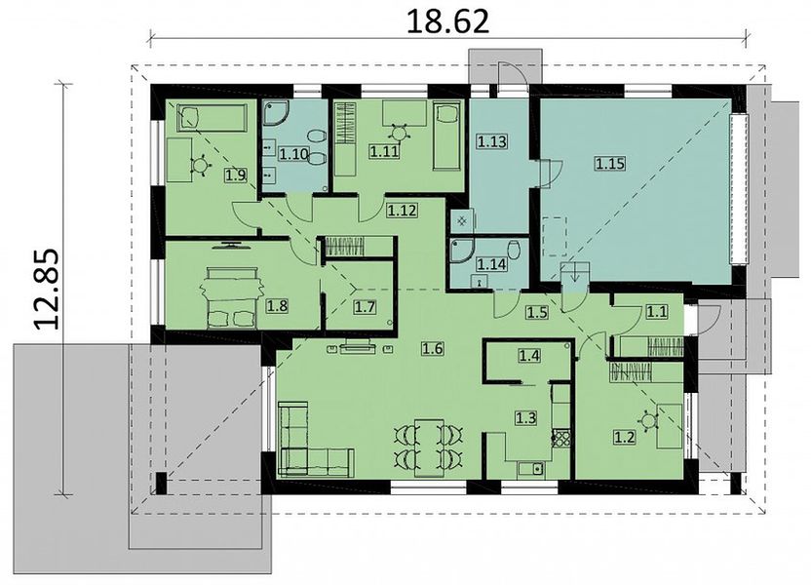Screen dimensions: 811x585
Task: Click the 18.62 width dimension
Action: (x=447, y=21)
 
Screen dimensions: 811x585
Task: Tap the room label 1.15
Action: (x=610, y=164)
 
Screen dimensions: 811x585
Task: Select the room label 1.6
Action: (x=433, y=349)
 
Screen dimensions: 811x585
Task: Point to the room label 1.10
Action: (x=294, y=154)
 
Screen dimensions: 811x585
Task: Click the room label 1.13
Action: (x=492, y=141)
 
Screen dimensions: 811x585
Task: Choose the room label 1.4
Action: (x=529, y=355)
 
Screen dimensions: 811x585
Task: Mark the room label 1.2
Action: (x=624, y=438)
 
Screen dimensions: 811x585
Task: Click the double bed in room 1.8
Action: (x=232, y=297)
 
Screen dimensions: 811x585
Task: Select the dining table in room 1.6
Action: (x=429, y=448)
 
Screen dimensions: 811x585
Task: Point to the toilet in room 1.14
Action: (x=514, y=251)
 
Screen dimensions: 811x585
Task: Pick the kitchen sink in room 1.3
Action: (x=531, y=469)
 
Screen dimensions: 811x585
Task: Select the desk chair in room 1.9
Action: (x=201, y=165)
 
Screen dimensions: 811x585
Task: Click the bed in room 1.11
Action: (x=446, y=136)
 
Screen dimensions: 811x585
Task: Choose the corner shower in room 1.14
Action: (x=461, y=251)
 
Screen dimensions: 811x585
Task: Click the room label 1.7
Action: (x=365, y=308)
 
